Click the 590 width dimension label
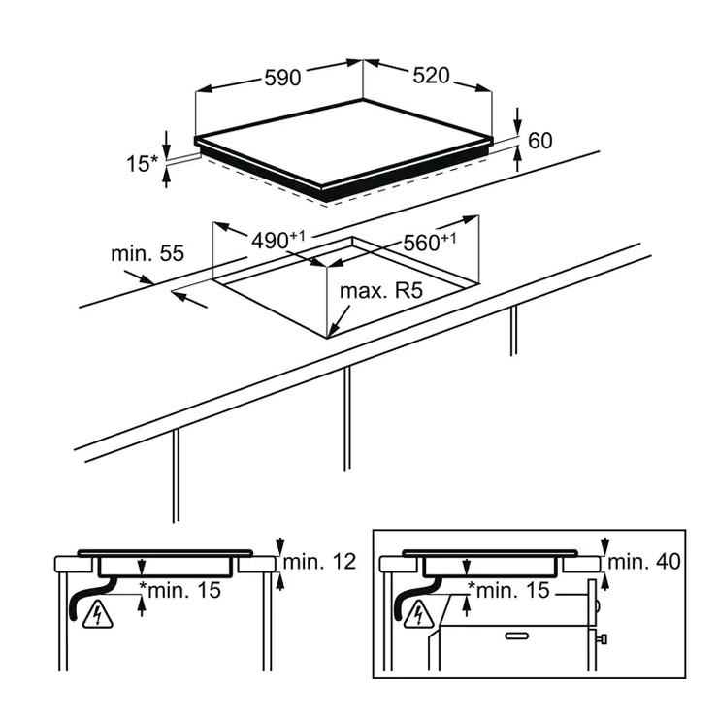(282, 78)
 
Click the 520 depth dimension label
(432, 76)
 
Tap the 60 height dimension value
(540, 141)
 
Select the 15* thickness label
(142, 163)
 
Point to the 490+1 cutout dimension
(277, 241)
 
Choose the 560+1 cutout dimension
(430, 243)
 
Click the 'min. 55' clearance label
(147, 253)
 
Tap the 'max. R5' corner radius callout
(381, 291)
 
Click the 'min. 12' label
(319, 562)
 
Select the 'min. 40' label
(644, 562)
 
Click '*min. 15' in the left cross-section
(180, 590)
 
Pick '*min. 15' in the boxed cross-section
(508, 590)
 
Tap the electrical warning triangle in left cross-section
(98, 615)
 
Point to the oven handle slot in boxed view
(517, 636)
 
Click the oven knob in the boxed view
(602, 638)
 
